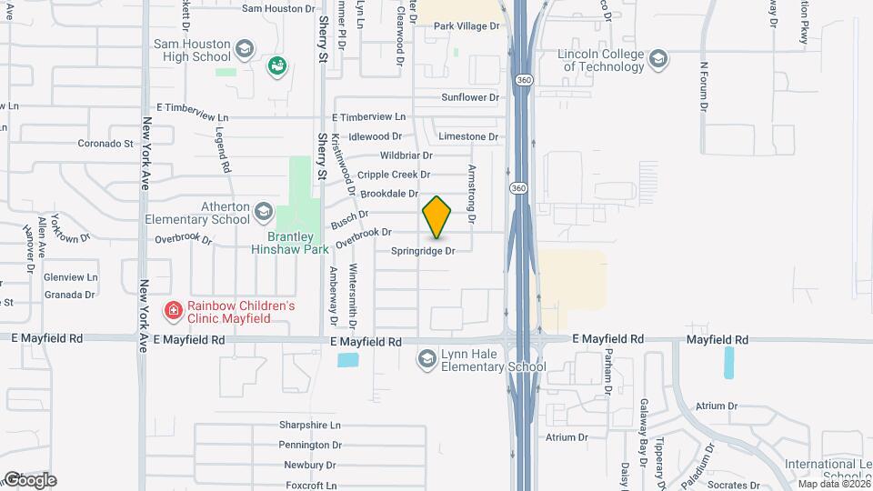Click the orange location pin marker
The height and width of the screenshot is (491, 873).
[x=436, y=217]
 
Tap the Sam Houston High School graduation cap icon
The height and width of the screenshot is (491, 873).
[x=244, y=48]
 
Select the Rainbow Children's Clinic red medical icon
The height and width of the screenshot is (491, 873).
[x=172, y=312]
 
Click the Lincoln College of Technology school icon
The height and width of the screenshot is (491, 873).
[x=658, y=60]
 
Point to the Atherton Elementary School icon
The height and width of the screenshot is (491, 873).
[x=263, y=212]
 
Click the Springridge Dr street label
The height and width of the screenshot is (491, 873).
[x=422, y=251]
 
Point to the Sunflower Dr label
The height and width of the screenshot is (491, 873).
[x=470, y=97]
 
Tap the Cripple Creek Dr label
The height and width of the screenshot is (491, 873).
[x=394, y=175]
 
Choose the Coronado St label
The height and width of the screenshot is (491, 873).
[x=105, y=144]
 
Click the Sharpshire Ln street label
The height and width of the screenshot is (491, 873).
[x=309, y=426]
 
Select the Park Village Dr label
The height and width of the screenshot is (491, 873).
[x=467, y=26]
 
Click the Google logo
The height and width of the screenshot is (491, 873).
[x=29, y=479]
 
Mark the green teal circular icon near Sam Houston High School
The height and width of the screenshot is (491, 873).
[x=277, y=65]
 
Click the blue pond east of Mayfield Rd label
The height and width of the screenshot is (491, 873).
[x=728, y=362]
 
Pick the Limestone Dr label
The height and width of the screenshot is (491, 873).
[x=468, y=136]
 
